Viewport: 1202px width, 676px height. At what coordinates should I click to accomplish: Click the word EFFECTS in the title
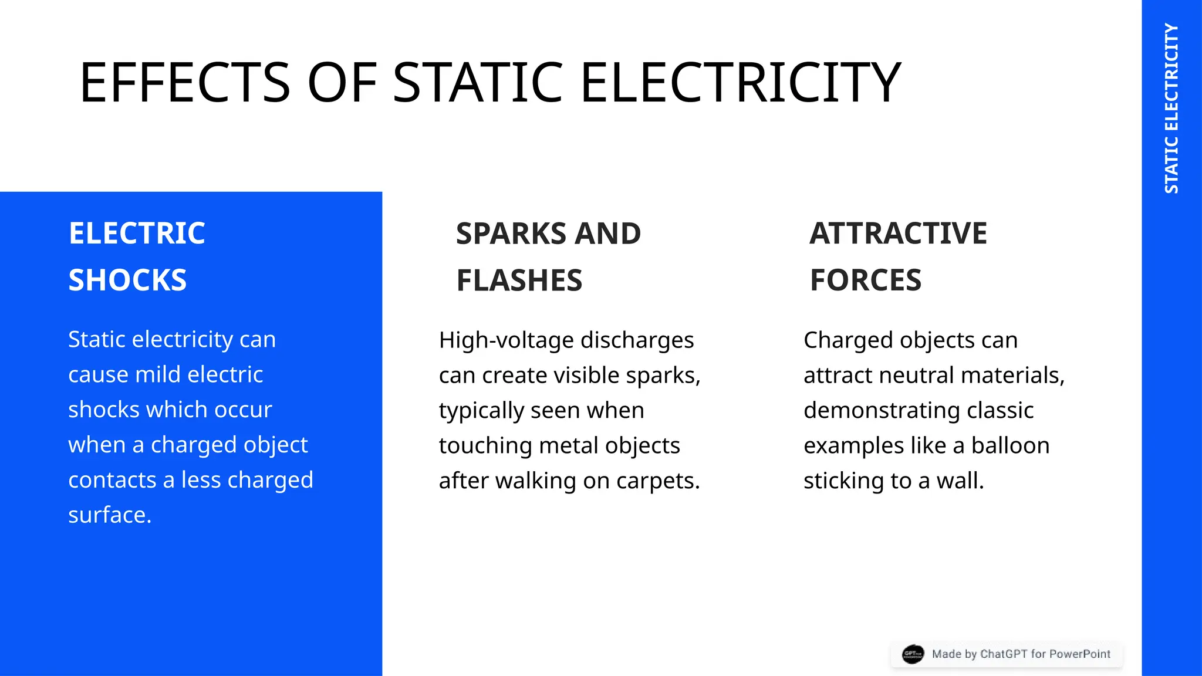(x=184, y=83)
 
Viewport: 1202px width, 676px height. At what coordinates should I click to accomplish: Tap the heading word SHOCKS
(x=127, y=280)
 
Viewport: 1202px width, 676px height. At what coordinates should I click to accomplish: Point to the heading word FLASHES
(x=519, y=280)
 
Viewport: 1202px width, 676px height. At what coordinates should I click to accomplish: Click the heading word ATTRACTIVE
(x=898, y=234)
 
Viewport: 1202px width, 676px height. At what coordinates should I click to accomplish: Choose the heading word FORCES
(x=865, y=280)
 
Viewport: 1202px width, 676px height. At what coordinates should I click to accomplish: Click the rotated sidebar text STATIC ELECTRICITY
(x=1171, y=109)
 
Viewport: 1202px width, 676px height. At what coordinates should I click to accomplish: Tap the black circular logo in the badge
(x=913, y=654)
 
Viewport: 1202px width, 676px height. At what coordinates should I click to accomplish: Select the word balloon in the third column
(x=1010, y=445)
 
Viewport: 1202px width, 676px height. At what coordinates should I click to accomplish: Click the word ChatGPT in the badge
(x=1004, y=654)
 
